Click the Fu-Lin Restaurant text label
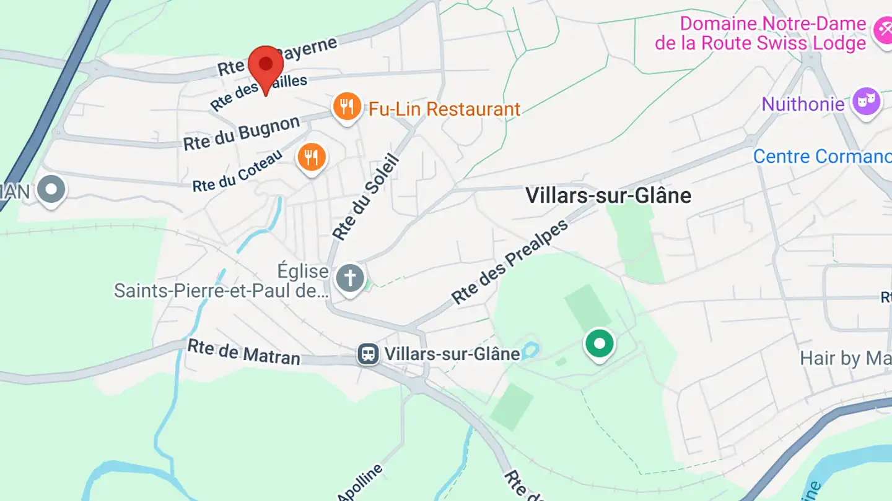click(x=444, y=109)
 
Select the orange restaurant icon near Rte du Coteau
click(x=312, y=157)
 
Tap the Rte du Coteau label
click(x=237, y=170)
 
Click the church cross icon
click(x=350, y=279)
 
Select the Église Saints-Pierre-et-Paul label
click(x=221, y=281)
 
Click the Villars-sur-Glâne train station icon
click(x=369, y=354)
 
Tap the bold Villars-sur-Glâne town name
click(x=608, y=195)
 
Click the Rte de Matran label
click(x=243, y=352)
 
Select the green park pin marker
click(x=599, y=343)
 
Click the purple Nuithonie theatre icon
click(x=866, y=101)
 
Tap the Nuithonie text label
click(x=803, y=104)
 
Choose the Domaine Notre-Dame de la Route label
click(x=761, y=33)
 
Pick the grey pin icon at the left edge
click(x=51, y=189)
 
